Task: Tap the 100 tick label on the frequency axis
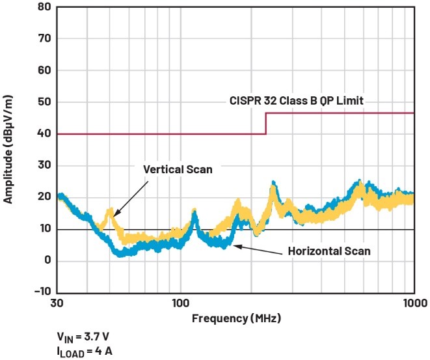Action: point(180,303)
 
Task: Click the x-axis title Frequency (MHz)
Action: point(235,318)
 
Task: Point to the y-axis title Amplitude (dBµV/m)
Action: point(9,148)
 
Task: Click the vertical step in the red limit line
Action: point(265,124)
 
